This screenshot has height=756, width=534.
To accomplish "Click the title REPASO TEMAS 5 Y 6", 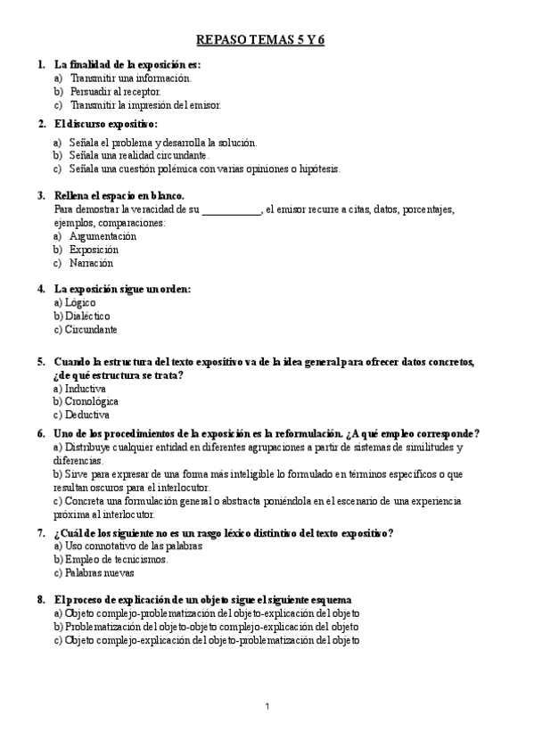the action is tap(267, 41).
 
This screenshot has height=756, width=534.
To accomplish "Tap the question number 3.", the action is tap(41, 195).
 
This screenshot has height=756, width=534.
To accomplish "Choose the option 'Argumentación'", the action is tap(103, 236).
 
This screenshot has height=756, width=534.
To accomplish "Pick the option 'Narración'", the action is tap(92, 263).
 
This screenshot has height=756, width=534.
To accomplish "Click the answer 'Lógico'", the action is tap(81, 302).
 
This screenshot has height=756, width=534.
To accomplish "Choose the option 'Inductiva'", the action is tap(86, 389).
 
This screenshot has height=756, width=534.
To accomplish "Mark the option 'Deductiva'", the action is tap(87, 415).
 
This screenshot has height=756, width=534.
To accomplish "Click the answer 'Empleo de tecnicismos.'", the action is tap(117, 559).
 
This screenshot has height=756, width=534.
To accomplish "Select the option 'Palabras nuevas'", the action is tap(100, 572).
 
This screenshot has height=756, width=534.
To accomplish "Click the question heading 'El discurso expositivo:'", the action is tap(106, 123).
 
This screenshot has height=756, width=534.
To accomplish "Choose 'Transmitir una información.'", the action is tap(124, 78).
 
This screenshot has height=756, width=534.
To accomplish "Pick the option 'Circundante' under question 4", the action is tap(91, 329).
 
